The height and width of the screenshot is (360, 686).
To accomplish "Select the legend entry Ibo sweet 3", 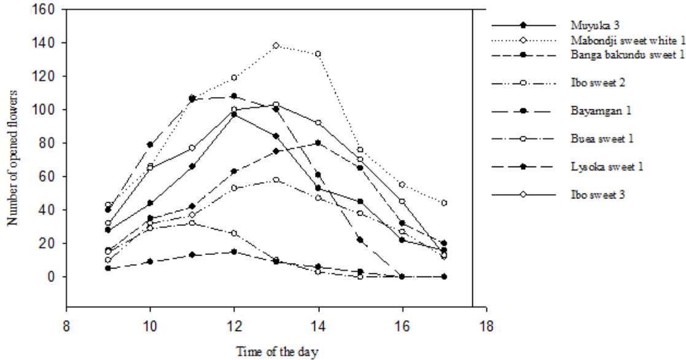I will click(587, 194).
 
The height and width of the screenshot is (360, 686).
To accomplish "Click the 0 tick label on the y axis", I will click(52, 277).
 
